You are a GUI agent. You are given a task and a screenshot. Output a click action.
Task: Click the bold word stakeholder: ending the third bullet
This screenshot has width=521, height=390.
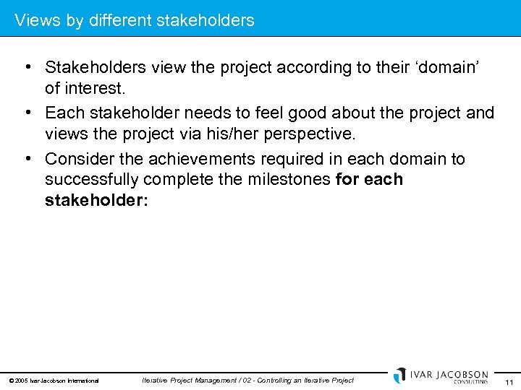tap(96, 200)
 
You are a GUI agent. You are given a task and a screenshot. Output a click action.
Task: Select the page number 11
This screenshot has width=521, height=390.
tap(509, 381)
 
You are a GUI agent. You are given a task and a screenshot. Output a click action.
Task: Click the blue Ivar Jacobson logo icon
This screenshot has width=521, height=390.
tap(400, 375)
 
